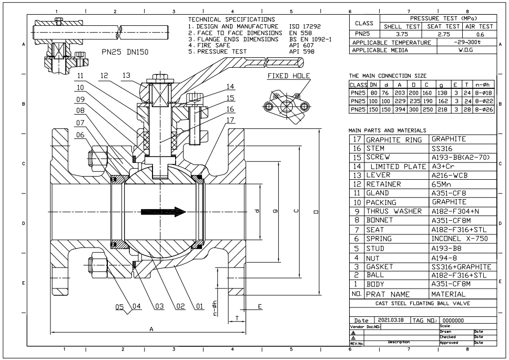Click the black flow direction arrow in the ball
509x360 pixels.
point(164,212)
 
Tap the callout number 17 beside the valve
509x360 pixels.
point(230,120)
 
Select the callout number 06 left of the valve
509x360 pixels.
point(80,135)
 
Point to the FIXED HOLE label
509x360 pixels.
point(289,76)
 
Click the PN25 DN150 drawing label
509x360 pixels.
point(125,52)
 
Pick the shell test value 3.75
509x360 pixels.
point(402,34)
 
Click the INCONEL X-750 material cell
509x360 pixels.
point(460,239)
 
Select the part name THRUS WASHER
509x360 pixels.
point(394,211)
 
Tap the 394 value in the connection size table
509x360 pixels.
point(400,110)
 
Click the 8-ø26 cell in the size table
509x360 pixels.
point(484,110)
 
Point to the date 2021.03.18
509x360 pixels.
point(391,320)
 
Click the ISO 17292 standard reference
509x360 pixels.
point(305,27)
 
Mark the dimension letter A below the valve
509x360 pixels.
point(151,329)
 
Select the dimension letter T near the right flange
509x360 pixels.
point(237,318)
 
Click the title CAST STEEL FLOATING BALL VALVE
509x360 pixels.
point(423,304)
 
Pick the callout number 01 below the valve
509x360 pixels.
point(199,306)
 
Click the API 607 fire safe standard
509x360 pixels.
point(301,45)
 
